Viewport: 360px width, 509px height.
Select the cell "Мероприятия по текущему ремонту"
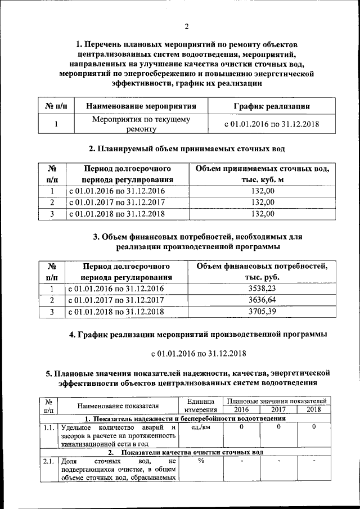click(141, 124)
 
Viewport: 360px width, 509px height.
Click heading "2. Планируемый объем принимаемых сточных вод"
click(187, 149)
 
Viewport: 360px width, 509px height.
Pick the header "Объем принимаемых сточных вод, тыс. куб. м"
click(262, 174)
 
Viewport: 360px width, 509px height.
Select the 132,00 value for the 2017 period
click(262, 202)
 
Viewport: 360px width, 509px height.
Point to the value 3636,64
click(262, 300)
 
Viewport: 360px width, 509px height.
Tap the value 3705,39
click(262, 311)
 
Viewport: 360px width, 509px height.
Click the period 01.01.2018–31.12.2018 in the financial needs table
click(116, 311)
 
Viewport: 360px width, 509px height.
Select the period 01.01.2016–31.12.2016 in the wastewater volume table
click(116, 191)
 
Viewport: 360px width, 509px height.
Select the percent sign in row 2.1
click(200, 461)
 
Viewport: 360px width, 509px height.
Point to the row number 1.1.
click(48, 428)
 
